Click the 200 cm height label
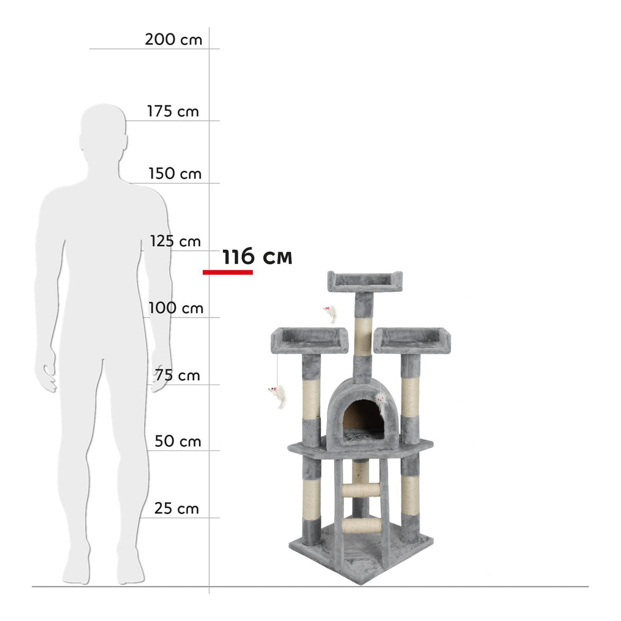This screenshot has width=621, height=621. (173, 39)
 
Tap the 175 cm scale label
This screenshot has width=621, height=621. (173, 112)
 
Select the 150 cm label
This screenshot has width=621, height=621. (175, 173)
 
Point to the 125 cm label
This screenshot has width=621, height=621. (175, 241)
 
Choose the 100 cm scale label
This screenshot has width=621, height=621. (176, 307)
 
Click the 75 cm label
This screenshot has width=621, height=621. (178, 375)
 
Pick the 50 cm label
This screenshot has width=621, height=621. (178, 441)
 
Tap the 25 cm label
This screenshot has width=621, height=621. (176, 509)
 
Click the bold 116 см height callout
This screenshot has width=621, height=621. (257, 257)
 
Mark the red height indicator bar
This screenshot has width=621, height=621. (228, 272)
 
